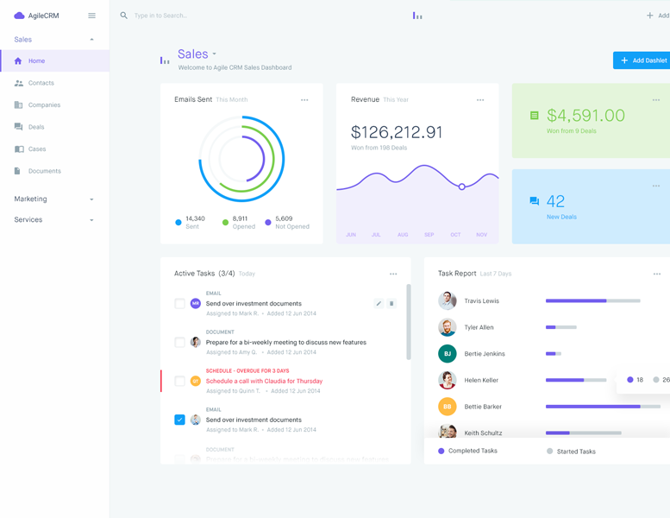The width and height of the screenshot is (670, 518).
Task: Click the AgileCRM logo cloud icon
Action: (19, 16)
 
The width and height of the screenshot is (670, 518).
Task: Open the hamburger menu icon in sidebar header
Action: (91, 16)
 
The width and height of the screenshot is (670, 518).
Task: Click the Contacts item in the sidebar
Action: (41, 83)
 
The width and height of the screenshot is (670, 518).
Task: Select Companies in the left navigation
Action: (44, 105)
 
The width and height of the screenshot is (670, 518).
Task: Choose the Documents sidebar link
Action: (44, 171)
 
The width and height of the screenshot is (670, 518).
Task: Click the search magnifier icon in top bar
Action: (124, 16)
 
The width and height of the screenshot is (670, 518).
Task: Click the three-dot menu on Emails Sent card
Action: (304, 100)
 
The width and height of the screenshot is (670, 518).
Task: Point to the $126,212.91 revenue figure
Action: (397, 132)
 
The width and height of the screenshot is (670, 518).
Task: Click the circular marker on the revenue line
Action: (462, 186)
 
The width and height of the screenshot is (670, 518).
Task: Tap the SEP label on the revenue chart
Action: (429, 235)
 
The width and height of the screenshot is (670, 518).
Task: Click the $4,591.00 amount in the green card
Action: (585, 116)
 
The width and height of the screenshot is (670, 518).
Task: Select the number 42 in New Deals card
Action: (555, 201)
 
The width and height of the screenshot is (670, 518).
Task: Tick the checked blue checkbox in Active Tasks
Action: (179, 420)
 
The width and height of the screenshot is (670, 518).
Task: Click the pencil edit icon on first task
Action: (379, 304)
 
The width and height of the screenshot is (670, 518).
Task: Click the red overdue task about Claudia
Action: (264, 381)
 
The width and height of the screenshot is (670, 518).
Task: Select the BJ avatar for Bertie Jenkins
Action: (447, 354)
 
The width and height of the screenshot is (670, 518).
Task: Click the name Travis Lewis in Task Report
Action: (481, 301)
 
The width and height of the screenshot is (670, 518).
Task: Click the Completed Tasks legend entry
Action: (472, 452)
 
